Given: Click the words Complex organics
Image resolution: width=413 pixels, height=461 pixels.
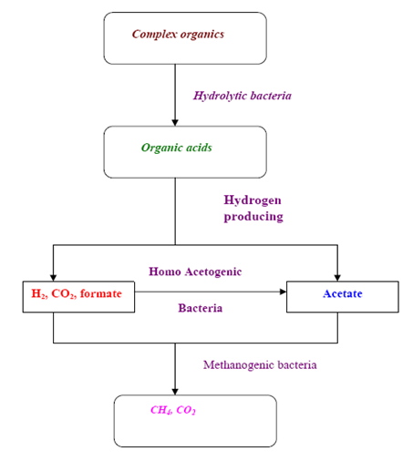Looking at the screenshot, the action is pos(178,35).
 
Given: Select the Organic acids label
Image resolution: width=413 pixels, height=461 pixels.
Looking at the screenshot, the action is pos(177,148).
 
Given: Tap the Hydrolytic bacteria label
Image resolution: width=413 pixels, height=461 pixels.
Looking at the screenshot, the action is pos(243,96).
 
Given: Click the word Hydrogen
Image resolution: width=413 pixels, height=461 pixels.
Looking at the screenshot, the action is pos(253,200).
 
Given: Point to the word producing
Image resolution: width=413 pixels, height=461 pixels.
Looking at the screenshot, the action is pos(253,217).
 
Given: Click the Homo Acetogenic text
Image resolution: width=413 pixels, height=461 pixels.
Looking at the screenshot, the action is pos(195,271).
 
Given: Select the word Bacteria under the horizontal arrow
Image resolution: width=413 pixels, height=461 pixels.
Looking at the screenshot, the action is pos(201,308).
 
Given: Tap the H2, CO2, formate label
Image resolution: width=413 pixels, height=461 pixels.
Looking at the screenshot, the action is pos(77,293).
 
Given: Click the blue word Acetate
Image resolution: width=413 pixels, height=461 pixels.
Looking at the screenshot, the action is pos(343,293).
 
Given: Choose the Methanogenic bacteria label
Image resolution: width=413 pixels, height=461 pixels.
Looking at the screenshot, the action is pos(260,365).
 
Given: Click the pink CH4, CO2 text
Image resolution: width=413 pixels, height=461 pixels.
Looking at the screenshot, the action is pos(173,410).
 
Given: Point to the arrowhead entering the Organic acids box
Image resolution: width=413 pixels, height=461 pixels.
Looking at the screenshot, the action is pos(175,122).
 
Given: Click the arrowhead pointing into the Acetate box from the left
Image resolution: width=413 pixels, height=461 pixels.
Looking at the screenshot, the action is pos(283,292).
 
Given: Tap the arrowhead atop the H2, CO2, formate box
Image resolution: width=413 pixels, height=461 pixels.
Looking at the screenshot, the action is pos(53,278).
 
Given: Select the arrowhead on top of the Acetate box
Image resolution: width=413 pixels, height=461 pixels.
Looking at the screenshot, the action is pos(337,278).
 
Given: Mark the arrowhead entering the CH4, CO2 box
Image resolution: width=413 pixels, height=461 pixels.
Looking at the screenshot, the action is pos(175,392).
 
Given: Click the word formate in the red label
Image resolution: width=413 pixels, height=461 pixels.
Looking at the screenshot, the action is pos(101,293).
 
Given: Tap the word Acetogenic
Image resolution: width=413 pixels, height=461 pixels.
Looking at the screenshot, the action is pos(213,272).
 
